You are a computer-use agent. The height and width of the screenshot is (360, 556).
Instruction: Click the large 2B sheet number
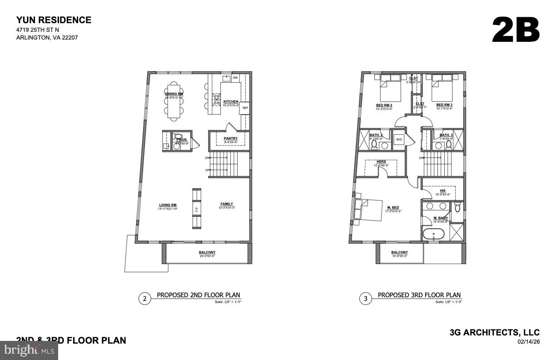pos(516,30)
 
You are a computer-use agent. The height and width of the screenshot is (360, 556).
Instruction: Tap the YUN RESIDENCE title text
pos(54,20)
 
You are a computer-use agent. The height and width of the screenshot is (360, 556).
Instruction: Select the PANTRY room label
pos(231,138)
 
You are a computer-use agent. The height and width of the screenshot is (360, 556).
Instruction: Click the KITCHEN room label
pos(231,101)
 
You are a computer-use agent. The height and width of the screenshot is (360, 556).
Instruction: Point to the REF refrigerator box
pos(245,108)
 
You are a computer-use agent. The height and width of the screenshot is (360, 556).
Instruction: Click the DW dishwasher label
pos(235,78)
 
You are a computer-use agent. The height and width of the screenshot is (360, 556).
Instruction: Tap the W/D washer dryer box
pos(399,139)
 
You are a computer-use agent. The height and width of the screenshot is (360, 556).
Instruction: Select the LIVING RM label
pos(167,205)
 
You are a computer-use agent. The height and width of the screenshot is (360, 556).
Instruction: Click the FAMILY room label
pos(227,204)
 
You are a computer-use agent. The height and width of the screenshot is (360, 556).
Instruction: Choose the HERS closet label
pos(381,161)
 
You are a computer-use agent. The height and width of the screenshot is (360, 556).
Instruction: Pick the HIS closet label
pos(442,190)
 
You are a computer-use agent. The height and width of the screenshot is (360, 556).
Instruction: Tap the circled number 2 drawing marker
pos(144,299)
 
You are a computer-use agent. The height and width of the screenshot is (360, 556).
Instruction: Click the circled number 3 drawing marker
pos(366,299)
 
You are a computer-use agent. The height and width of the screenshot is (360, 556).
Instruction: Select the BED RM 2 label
pos(384,105)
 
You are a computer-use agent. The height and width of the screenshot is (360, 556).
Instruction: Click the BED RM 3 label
pos(444,105)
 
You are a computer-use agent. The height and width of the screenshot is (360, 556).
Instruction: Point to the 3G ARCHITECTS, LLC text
pos(494,333)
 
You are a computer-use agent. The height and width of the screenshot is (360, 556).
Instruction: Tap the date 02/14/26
pos(528,341)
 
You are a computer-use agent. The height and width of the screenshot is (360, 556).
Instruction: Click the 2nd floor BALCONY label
pos(207,252)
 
